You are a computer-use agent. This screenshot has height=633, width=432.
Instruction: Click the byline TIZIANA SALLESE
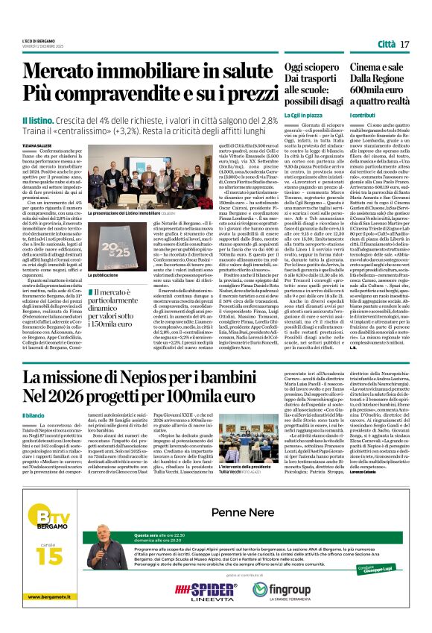[x=36, y=145]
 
